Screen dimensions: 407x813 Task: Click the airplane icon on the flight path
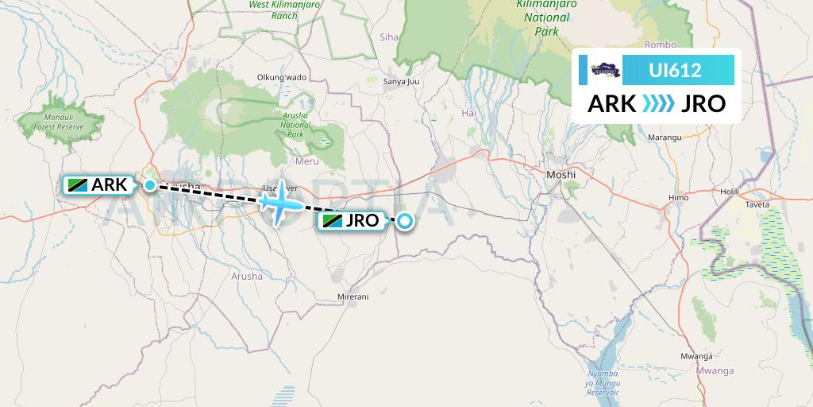(x=279, y=202)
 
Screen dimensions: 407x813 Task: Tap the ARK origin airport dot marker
(x=150, y=185)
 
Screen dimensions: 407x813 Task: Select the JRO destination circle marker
(x=405, y=222)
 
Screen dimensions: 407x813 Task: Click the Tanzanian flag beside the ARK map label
(x=78, y=185)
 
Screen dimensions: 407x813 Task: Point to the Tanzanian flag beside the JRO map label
(x=332, y=222)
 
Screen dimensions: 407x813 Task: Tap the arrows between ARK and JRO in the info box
(x=657, y=104)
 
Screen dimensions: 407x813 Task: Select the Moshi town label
(x=561, y=173)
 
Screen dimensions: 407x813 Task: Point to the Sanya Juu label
(x=401, y=81)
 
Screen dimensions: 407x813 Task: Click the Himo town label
(x=679, y=196)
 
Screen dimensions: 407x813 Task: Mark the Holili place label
(x=729, y=192)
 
